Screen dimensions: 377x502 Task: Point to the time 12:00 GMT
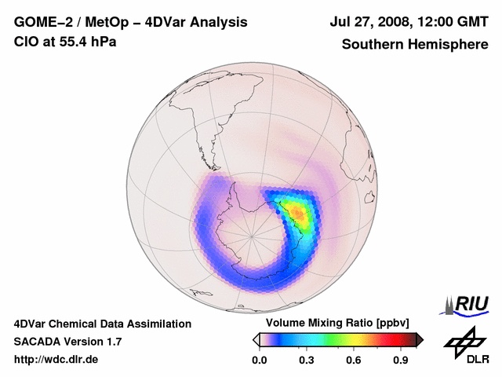click(453, 23)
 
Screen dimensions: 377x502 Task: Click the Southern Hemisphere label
click(414, 44)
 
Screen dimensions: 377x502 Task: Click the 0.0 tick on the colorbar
click(260, 361)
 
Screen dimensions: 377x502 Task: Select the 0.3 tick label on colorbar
click(307, 361)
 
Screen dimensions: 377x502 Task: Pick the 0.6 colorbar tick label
click(354, 361)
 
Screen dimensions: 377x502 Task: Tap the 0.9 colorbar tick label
click(401, 361)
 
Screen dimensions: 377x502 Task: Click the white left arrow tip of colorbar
click(256, 339)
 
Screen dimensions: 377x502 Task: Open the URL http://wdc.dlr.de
click(56, 360)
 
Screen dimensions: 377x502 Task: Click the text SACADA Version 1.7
click(67, 342)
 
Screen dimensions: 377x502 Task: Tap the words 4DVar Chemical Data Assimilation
click(102, 324)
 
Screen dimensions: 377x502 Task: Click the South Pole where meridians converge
click(252, 235)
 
